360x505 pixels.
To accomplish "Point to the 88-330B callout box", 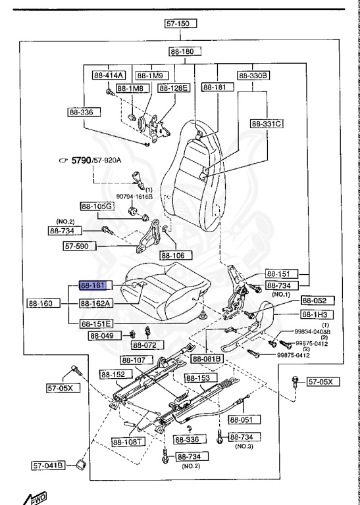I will (253, 75).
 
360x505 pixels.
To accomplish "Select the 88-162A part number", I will (96, 304).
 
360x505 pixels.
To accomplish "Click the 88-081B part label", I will (207, 358).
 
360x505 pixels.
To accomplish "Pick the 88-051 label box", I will (244, 419).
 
